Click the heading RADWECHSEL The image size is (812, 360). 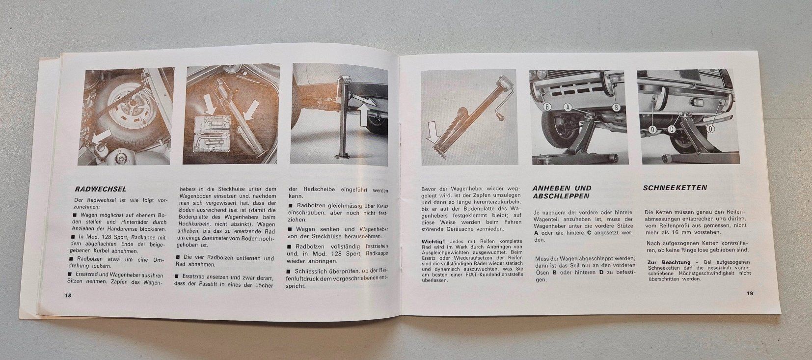click(101, 189)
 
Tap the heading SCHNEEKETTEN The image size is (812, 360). click(675, 188)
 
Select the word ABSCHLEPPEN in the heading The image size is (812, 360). click(561, 196)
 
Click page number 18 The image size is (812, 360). click(68, 295)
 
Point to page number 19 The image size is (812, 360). click(750, 293)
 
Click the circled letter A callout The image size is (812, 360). click(568, 107)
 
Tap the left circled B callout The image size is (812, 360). click(547, 107)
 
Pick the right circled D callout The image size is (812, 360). click(710, 129)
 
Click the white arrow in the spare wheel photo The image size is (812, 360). click(100, 138)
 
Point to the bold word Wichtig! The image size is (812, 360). click(433, 242)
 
